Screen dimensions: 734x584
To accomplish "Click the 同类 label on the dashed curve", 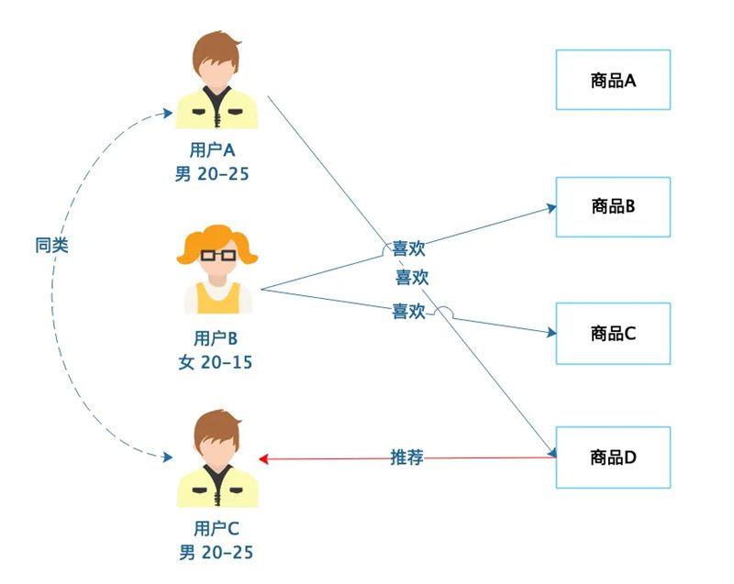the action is click(x=52, y=245).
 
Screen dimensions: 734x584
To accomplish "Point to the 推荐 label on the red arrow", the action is click(x=406, y=457).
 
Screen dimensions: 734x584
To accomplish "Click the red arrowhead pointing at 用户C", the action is click(x=263, y=458).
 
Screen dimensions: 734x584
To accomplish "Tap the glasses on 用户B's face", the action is click(x=218, y=255).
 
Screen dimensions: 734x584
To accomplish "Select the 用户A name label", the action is click(x=212, y=150).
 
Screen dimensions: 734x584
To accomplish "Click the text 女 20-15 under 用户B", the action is click(x=216, y=362).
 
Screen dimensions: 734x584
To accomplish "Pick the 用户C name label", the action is click(x=217, y=528).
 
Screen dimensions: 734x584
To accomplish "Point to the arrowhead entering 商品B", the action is click(x=552, y=208).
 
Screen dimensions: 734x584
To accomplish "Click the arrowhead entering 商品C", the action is click(x=552, y=333).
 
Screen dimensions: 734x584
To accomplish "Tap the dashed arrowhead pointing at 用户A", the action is click(x=168, y=113).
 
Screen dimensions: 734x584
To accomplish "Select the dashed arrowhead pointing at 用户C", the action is click(x=168, y=457).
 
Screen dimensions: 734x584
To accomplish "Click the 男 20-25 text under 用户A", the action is click(x=212, y=174).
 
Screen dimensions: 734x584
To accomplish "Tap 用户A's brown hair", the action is click(x=217, y=51).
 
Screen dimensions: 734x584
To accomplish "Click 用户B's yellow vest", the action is click(x=218, y=299).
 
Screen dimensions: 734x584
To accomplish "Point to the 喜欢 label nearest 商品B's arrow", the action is click(x=408, y=248).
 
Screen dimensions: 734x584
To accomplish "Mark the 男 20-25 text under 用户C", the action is click(x=216, y=553).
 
